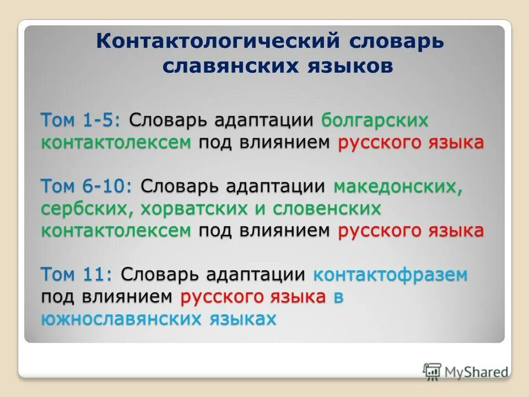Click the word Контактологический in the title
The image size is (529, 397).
(217, 42)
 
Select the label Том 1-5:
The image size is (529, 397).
(82, 120)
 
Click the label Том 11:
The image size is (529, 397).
(77, 273)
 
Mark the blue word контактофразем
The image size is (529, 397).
(390, 273)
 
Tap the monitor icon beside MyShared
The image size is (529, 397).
(433, 372)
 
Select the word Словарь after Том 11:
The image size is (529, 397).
(160, 273)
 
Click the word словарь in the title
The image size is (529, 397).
(396, 42)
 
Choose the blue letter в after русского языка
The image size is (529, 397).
(338, 296)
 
